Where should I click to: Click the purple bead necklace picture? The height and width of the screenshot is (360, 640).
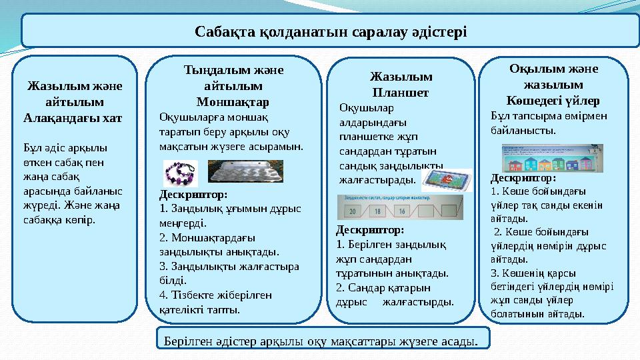181,173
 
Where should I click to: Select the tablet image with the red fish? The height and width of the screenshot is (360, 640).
447,180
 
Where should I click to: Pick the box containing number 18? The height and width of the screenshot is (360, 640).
377,211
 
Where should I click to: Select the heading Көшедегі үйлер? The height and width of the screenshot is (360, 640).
553,101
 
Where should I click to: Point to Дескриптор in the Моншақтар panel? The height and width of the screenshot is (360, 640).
194,195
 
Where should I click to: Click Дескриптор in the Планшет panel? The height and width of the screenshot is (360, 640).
371,230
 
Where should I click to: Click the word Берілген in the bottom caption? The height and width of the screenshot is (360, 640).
185,342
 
